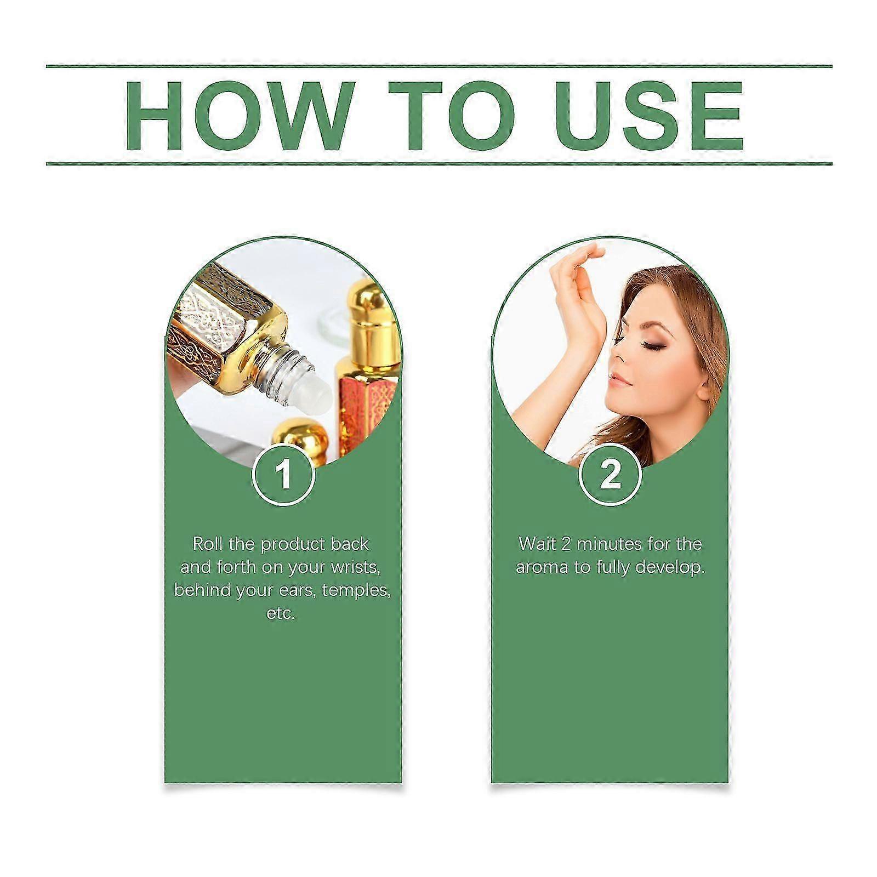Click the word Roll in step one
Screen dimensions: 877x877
pyautogui.click(x=208, y=544)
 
